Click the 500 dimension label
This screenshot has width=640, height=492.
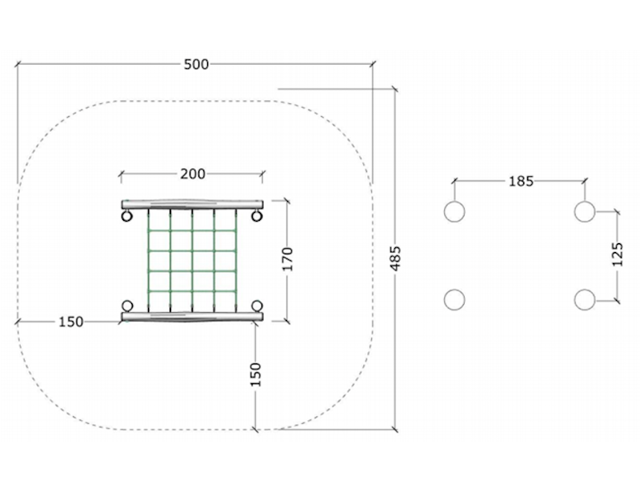[x=196, y=65]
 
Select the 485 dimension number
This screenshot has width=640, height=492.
[x=395, y=258]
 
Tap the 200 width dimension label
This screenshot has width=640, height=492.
[x=193, y=174]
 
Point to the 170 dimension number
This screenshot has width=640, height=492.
[x=288, y=259]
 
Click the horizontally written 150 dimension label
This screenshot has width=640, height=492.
[x=71, y=322]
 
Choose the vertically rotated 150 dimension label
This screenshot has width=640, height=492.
[x=255, y=374]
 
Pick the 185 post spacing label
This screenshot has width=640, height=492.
[x=521, y=181]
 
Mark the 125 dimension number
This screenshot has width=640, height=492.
[x=618, y=254]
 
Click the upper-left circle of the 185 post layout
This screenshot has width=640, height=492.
[x=454, y=211]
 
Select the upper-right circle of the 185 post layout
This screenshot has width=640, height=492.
[x=585, y=211]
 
